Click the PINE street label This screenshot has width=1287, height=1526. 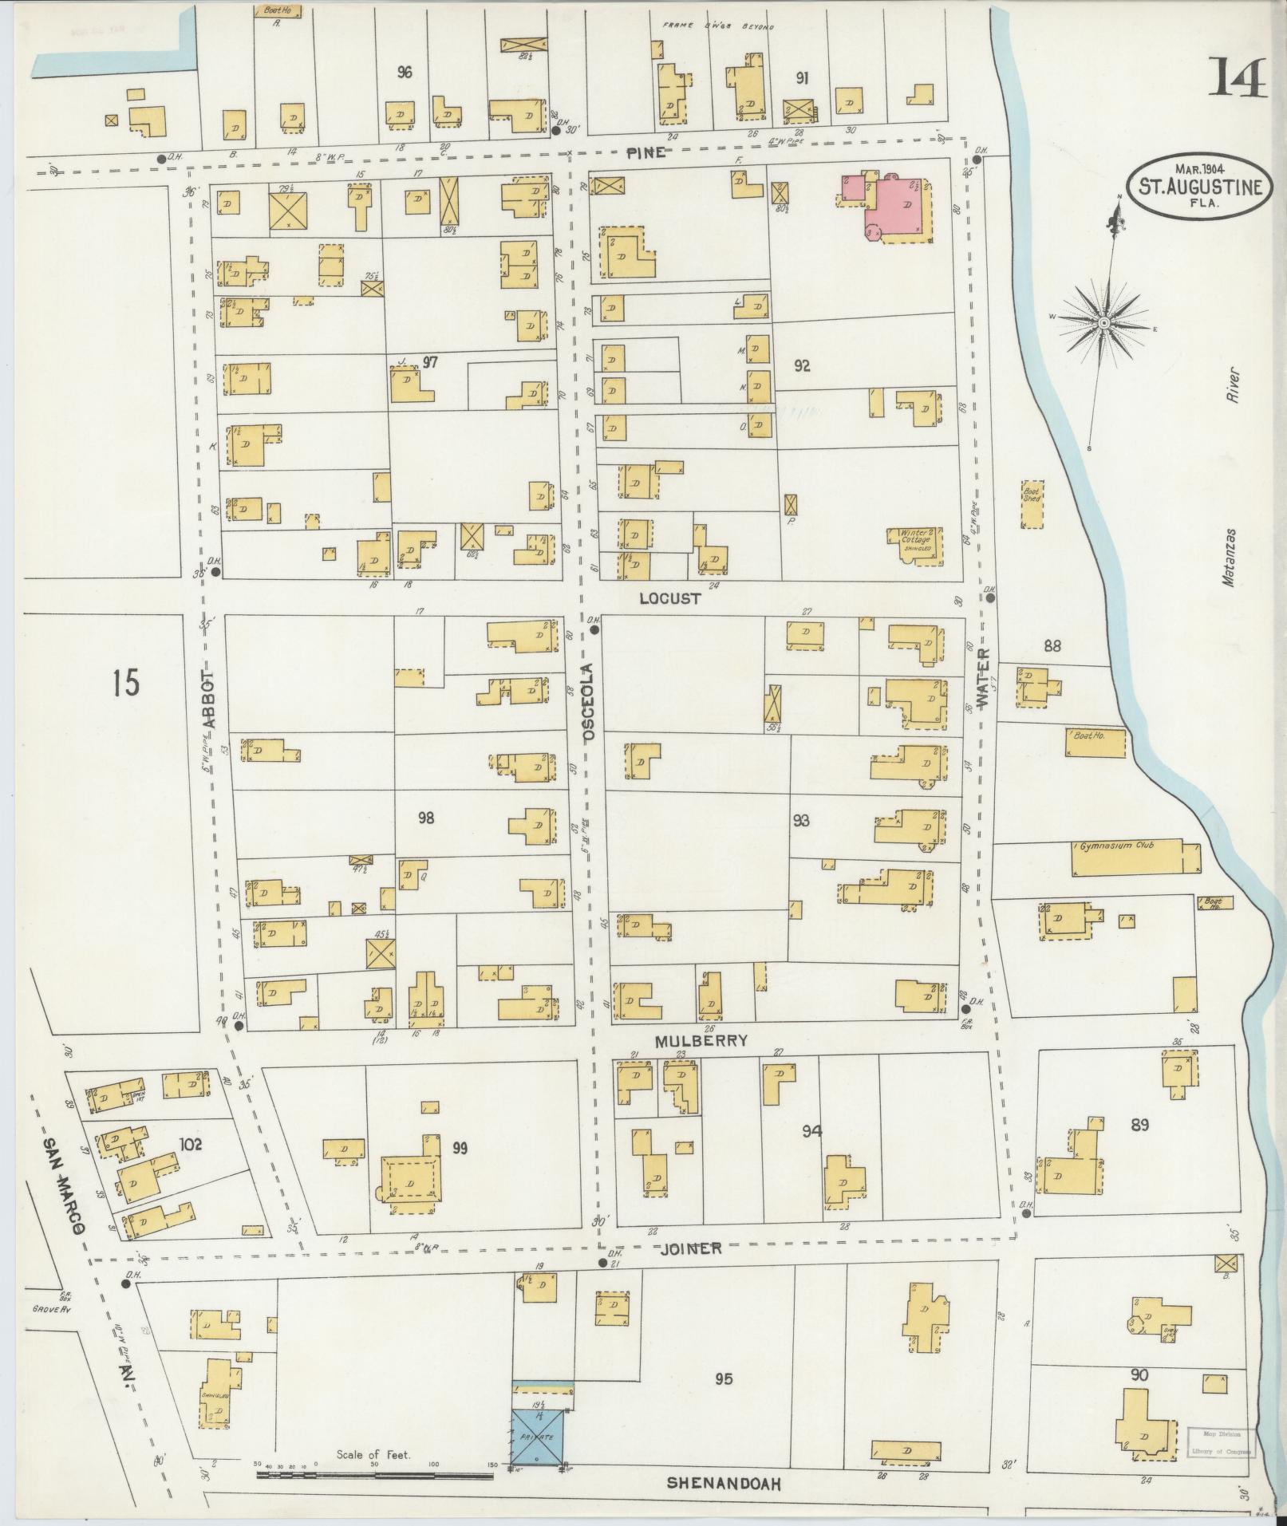pyautogui.click(x=645, y=153)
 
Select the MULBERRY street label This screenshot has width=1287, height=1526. pyautogui.click(x=701, y=1040)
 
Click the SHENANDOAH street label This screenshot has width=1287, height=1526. pyautogui.click(x=722, y=1484)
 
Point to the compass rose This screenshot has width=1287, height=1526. pyautogui.click(x=1103, y=323)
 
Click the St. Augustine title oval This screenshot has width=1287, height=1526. pyautogui.click(x=1200, y=188)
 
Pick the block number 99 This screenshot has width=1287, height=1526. pyautogui.click(x=459, y=1148)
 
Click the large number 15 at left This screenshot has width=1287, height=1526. pyautogui.click(x=125, y=684)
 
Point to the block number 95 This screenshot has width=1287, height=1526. pyautogui.click(x=724, y=1378)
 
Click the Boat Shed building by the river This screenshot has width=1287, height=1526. pyautogui.click(x=1032, y=503)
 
